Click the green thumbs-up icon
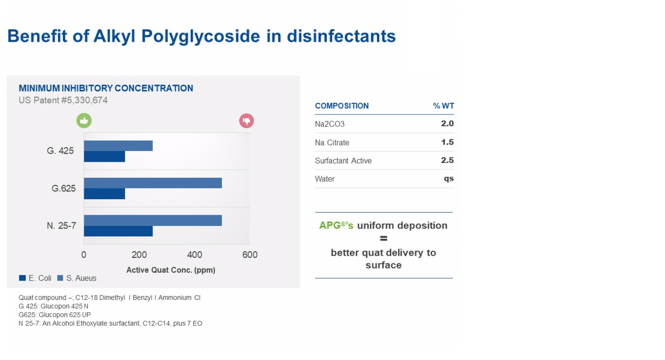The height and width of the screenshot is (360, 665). [84, 120]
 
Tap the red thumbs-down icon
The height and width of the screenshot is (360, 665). [246, 121]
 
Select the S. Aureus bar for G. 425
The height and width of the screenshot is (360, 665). [118, 146]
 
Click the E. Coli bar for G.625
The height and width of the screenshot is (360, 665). [104, 194]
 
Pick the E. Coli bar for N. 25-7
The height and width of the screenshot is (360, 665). [118, 231]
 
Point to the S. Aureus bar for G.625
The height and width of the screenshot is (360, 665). [153, 183]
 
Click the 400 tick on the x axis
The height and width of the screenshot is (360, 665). [194, 255]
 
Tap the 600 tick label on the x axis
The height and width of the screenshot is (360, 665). [250, 255]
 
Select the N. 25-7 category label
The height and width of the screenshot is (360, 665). [62, 225]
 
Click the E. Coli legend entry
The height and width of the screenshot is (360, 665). [35, 278]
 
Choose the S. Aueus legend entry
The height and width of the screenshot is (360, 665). [77, 278]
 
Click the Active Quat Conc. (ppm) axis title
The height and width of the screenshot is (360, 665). [171, 270]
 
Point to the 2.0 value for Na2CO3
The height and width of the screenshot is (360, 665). [447, 123]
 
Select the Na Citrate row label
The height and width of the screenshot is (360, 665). [332, 143]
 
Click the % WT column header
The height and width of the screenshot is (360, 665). [443, 106]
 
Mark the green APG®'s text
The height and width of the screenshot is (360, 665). [337, 225]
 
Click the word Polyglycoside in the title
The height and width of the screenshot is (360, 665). [201, 37]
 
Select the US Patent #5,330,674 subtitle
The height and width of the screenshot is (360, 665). [63, 100]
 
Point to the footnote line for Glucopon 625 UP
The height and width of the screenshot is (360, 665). [55, 315]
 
